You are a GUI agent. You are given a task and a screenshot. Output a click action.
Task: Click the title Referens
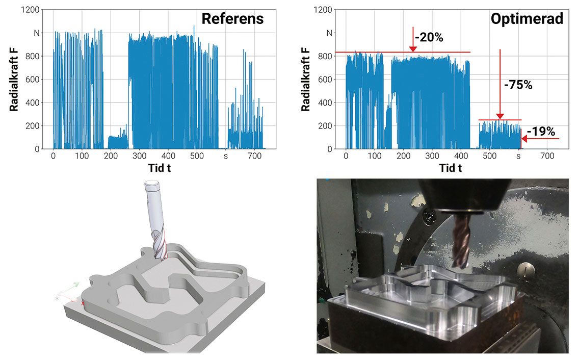pyautogui.click(x=233, y=19)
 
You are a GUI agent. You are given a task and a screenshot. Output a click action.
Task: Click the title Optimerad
pyautogui.click(x=527, y=19)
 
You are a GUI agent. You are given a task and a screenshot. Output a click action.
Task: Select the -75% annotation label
pyautogui.click(x=518, y=85)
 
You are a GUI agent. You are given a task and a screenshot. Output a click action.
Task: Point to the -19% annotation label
pyautogui.click(x=541, y=131)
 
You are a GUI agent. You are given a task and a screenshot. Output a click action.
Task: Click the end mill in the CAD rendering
pyautogui.click(x=156, y=219)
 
